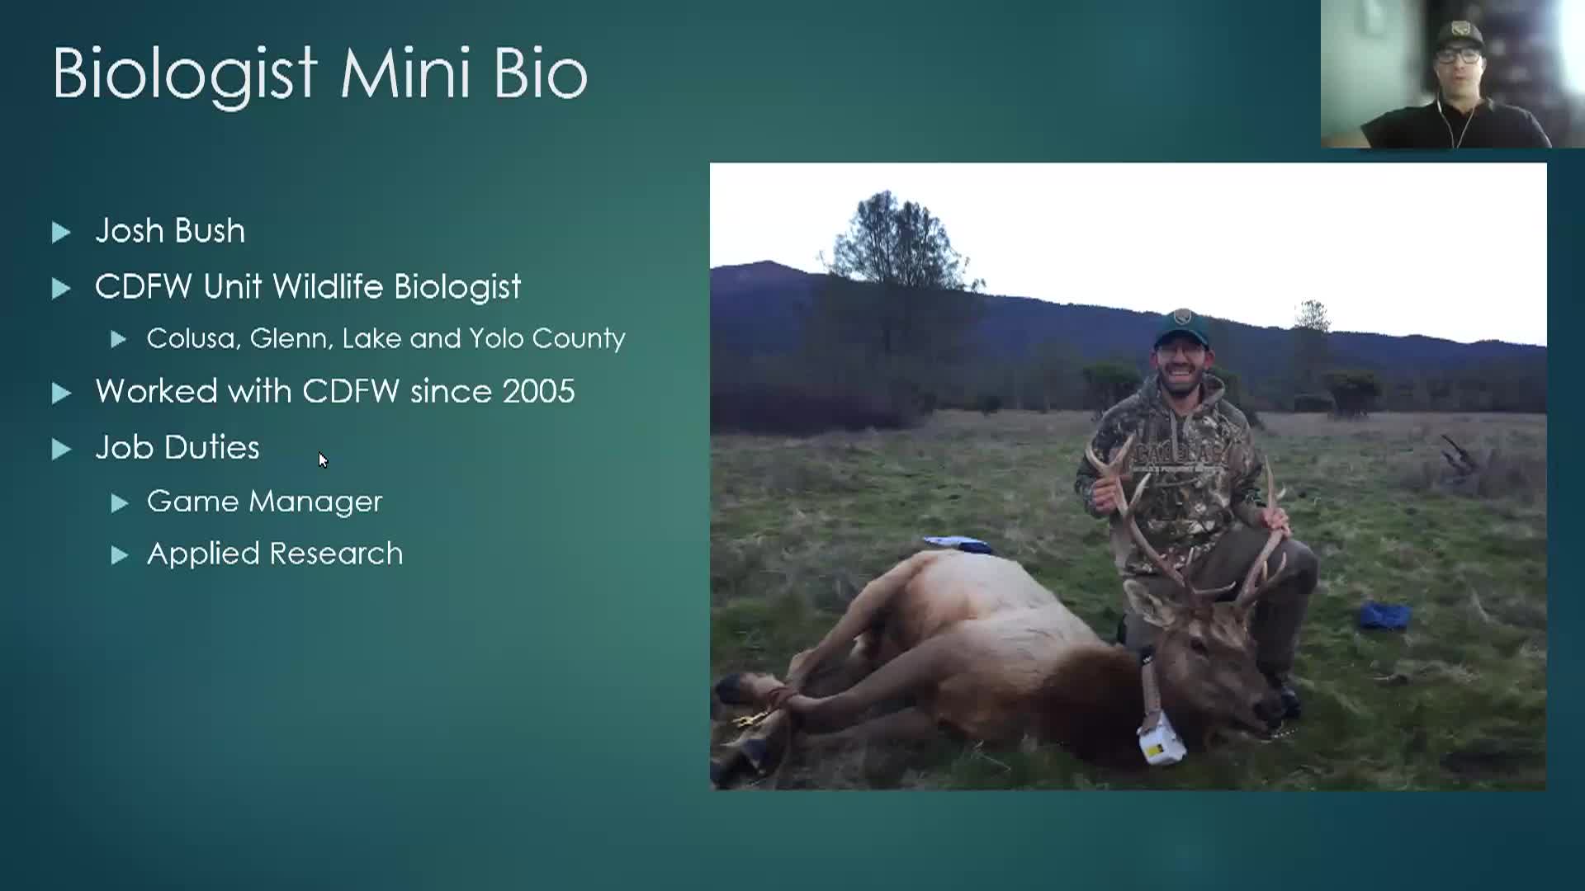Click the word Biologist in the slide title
pyautogui.click(x=185, y=74)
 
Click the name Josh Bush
pyautogui.click(x=170, y=231)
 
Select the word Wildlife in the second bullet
pyautogui.click(x=330, y=287)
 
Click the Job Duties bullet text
pyautogui.click(x=177, y=448)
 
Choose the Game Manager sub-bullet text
pyautogui.click(x=264, y=502)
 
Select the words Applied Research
pyautogui.click(x=275, y=554)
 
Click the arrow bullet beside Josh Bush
pyautogui.click(x=61, y=233)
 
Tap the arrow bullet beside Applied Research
pyautogui.click(x=120, y=555)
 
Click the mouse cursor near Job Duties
pyautogui.click(x=322, y=460)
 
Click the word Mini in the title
pyautogui.click(x=405, y=74)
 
